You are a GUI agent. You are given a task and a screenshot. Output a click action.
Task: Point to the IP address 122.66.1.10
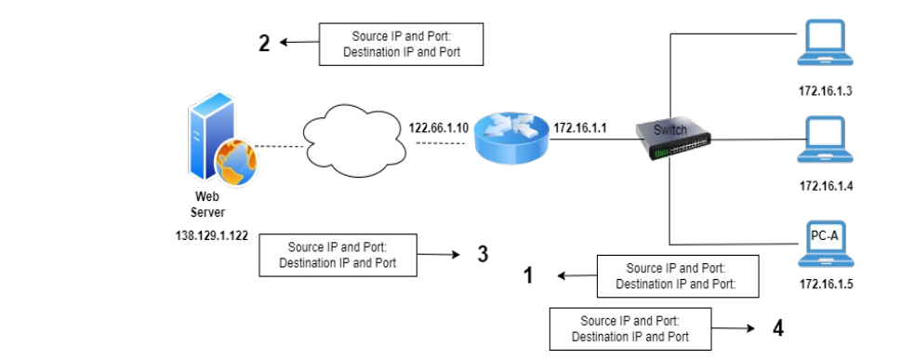pyautogui.click(x=438, y=127)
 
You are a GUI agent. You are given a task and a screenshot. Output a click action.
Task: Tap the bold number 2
pyautogui.click(x=264, y=43)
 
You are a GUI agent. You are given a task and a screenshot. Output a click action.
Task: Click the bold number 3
pyautogui.click(x=482, y=253)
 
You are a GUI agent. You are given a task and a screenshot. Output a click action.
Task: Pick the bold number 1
pyautogui.click(x=529, y=275)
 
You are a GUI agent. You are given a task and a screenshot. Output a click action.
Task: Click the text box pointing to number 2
pyautogui.click(x=402, y=45)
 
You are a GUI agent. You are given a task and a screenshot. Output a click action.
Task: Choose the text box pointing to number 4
pyautogui.click(x=630, y=328)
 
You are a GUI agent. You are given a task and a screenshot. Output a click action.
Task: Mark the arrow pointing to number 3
pyautogui.click(x=441, y=254)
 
